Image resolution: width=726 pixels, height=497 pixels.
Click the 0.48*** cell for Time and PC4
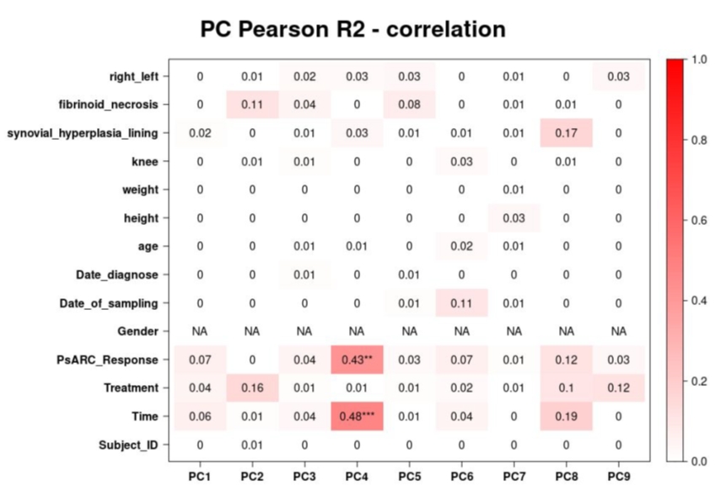pos(357,416)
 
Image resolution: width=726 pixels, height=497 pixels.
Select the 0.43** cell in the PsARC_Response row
pos(357,360)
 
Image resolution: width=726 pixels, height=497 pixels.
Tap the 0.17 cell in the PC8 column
pos(566,133)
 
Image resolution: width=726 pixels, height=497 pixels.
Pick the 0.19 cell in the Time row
pos(566,416)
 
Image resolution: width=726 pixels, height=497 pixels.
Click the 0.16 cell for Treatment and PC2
pos(252,387)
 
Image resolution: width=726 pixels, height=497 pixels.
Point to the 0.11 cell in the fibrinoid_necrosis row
pos(252,104)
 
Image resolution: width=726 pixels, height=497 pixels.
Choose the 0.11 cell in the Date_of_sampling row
pos(461,302)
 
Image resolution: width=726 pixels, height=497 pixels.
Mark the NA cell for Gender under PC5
pos(409,331)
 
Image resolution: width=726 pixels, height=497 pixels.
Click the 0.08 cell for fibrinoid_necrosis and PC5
pos(409,104)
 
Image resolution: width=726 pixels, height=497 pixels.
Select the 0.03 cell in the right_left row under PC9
pos(618,77)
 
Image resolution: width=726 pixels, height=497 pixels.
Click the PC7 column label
pos(514,478)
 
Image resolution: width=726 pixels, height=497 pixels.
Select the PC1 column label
pos(200,478)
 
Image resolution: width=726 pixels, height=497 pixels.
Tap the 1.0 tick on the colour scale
pos(698,60)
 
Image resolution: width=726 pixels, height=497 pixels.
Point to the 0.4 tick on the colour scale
pos(698,301)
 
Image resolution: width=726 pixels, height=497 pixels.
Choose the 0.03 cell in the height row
pos(514,218)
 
